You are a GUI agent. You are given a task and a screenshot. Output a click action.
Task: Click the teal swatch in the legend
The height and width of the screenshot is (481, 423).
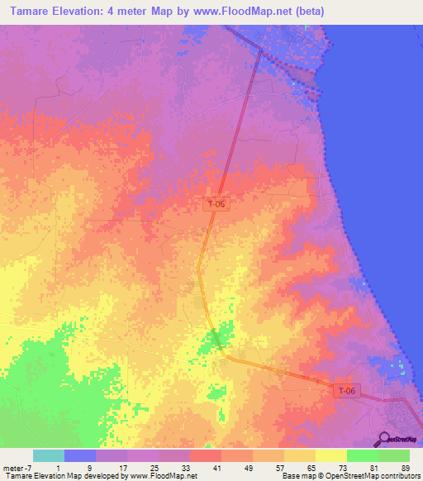click(49, 455)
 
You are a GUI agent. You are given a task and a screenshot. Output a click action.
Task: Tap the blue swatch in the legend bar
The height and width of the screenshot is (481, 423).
click(80, 455)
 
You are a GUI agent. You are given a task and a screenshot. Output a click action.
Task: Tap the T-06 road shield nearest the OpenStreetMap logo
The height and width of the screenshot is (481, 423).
click(347, 390)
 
